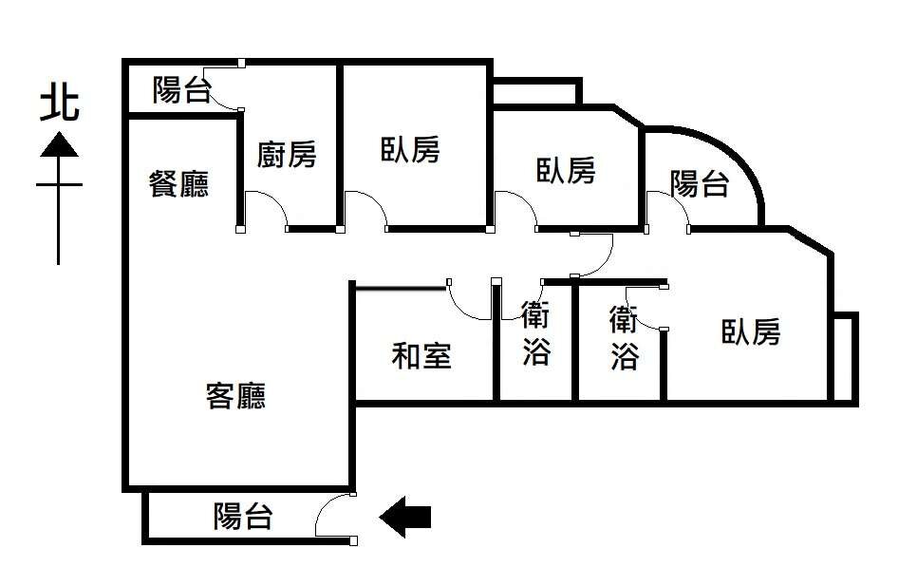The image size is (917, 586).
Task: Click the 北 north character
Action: pyautogui.click(x=59, y=104)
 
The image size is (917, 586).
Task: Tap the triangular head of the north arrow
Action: pyautogui.click(x=59, y=144)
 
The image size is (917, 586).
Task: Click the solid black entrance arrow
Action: pyautogui.click(x=406, y=517)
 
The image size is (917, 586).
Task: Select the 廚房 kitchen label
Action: pyautogui.click(x=287, y=155)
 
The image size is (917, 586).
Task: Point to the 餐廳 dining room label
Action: pyautogui.click(x=178, y=183)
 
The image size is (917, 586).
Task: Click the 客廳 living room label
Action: pyautogui.click(x=235, y=396)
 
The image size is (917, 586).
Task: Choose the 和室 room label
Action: pyautogui.click(x=421, y=355)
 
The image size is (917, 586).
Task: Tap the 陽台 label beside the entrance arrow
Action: pyautogui.click(x=243, y=516)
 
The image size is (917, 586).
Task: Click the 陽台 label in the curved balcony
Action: pyautogui.click(x=700, y=183)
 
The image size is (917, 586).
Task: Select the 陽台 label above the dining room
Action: pyautogui.click(x=182, y=90)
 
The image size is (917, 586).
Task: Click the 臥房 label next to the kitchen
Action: pyautogui.click(x=410, y=150)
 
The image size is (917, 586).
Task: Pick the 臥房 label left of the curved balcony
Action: pyautogui.click(x=566, y=171)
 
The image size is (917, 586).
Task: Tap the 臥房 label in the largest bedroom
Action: pyautogui.click(x=751, y=331)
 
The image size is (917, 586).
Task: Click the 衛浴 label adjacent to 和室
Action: pyautogui.click(x=535, y=332)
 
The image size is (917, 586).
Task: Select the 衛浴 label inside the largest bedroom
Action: pyautogui.click(x=624, y=337)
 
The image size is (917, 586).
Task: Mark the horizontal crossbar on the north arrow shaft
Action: pyautogui.click(x=59, y=185)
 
